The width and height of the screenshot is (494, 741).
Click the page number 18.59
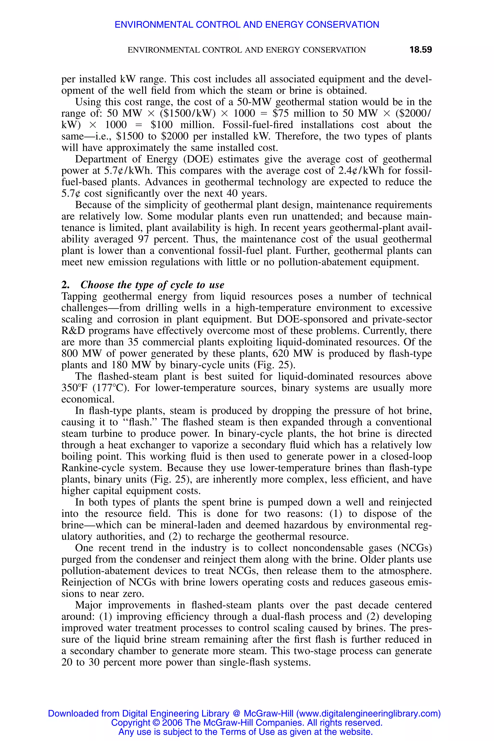coord(420,50)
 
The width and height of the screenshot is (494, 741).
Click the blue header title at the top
coord(247,25)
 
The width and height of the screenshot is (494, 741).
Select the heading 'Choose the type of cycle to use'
coord(152,285)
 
